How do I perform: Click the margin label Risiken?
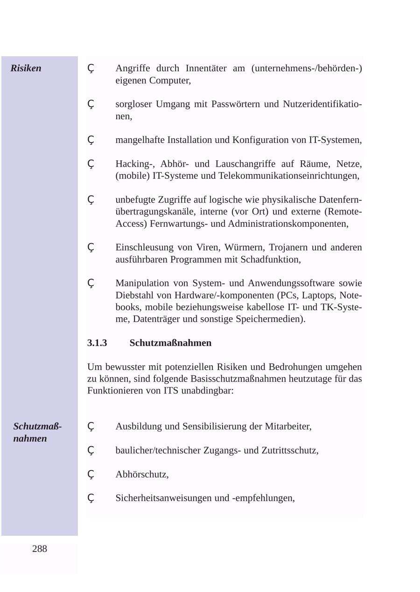[26, 68]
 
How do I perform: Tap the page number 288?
[40, 549]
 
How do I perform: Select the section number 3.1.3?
[97, 343]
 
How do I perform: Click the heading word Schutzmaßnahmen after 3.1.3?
[170, 343]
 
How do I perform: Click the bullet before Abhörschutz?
[91, 475]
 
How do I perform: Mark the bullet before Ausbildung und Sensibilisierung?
[91, 427]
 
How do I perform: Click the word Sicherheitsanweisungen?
[163, 498]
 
